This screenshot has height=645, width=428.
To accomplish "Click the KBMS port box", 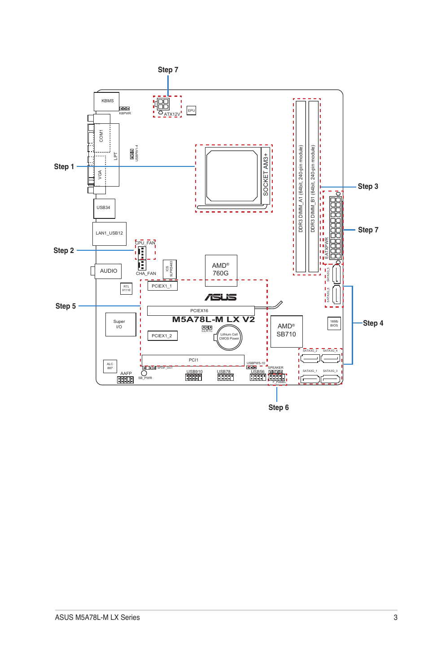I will click(106, 101).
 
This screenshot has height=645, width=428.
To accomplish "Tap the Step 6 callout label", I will click(278, 407).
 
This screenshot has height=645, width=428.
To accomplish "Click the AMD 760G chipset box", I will click(221, 270).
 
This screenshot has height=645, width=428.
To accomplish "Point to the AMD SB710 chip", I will click(286, 331).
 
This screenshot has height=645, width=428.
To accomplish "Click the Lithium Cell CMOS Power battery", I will click(229, 337).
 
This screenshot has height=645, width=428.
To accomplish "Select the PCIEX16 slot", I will click(201, 310).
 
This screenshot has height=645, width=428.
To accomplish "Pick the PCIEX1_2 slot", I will click(162, 336).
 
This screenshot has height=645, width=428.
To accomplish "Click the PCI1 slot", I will click(193, 360).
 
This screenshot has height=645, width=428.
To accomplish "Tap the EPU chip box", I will click(191, 110).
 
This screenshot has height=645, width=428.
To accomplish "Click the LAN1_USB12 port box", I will click(109, 233).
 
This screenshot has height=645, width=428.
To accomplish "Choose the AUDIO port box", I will click(108, 271).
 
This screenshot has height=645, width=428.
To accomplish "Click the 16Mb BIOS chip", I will click(334, 323).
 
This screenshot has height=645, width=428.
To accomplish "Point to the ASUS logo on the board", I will click(221, 297).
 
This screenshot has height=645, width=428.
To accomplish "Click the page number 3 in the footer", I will click(395, 617).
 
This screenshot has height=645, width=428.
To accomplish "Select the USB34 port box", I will click(104, 208).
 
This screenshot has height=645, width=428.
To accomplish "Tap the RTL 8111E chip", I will click(127, 288).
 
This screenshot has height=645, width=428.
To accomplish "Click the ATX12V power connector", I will click(163, 105).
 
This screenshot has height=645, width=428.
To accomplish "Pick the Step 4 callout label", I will click(373, 323).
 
